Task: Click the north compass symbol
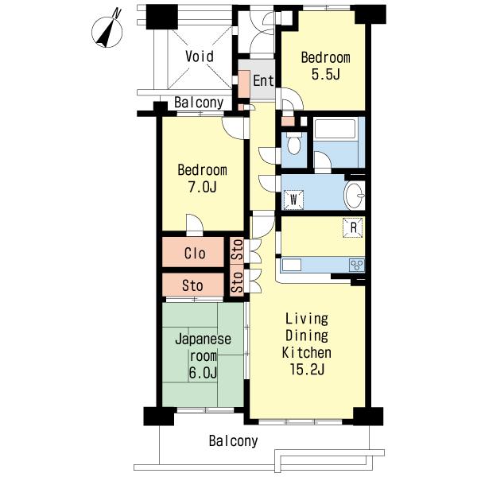(107, 29)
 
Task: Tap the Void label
(200, 56)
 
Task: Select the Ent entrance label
(263, 81)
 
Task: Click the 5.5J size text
(325, 74)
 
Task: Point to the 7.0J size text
(202, 187)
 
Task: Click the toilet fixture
(294, 143)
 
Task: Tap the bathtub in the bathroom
(335, 130)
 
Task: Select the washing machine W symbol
(293, 200)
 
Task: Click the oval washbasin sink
(355, 196)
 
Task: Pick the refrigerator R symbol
(353, 227)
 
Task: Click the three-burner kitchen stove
(357, 265)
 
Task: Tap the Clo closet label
(195, 253)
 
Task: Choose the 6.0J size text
(203, 373)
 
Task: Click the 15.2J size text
(307, 370)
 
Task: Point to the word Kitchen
(307, 352)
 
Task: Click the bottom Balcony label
(233, 440)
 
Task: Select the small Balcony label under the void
(199, 103)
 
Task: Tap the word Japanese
(203, 339)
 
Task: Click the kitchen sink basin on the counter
(292, 265)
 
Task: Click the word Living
(307, 319)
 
